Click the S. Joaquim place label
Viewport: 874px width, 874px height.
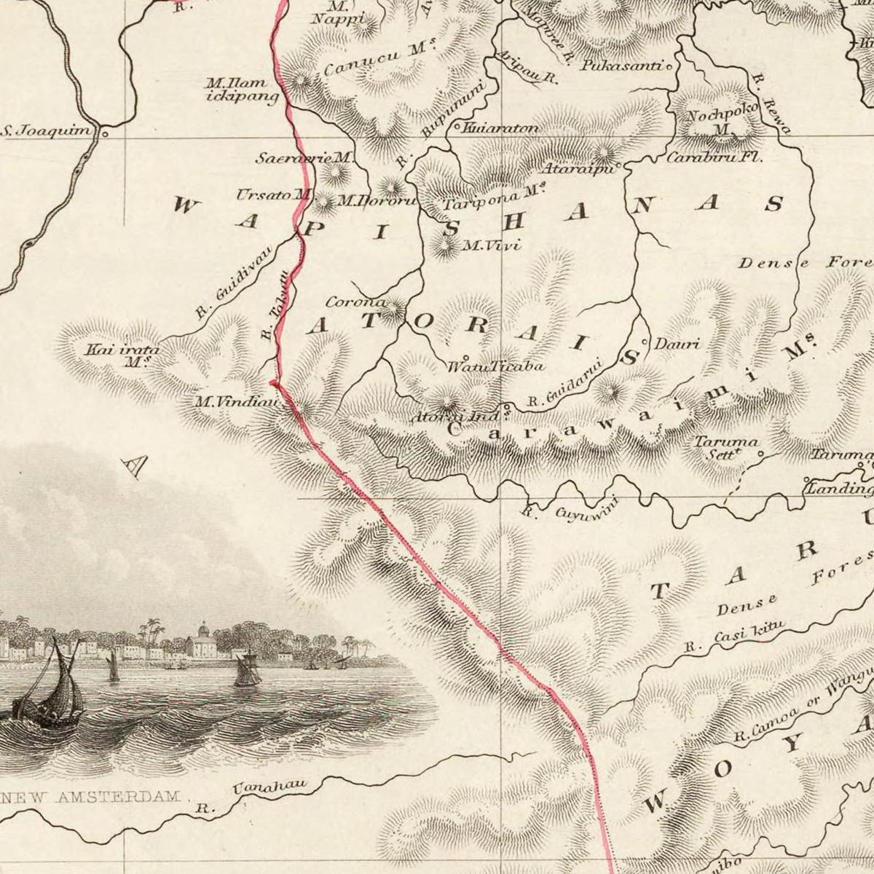point(48,132)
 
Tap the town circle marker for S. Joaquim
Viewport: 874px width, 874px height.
point(105,133)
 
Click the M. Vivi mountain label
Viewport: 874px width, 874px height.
point(492,245)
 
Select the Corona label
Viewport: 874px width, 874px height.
point(355,302)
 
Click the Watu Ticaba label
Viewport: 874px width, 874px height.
point(495,366)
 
